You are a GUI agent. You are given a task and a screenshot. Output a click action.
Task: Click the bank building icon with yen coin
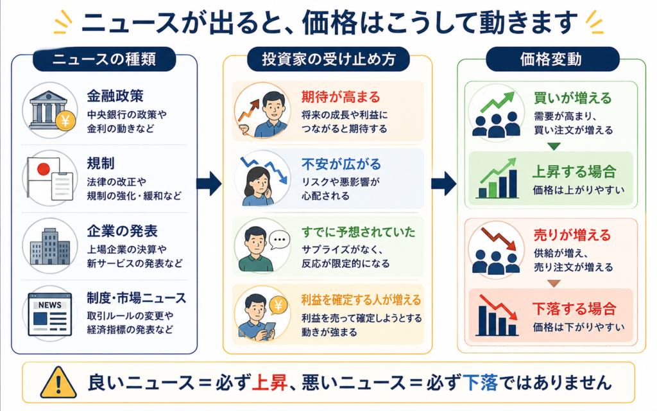click(x=50, y=110)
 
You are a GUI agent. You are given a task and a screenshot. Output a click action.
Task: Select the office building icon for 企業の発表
click(x=50, y=246)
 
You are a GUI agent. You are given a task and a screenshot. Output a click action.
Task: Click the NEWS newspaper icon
click(x=50, y=314)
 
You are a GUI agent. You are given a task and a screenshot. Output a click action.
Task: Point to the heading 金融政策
click(x=115, y=96)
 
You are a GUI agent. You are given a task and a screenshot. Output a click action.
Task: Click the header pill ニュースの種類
click(x=104, y=59)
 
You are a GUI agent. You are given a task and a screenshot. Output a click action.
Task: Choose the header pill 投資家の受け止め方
click(x=328, y=59)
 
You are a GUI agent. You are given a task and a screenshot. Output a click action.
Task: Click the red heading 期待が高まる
click(x=341, y=98)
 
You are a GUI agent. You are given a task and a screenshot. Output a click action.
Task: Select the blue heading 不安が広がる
click(x=341, y=164)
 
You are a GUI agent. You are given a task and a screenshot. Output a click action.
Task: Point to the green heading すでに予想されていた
click(x=359, y=232)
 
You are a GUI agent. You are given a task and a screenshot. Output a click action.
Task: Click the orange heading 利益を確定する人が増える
click(x=361, y=300)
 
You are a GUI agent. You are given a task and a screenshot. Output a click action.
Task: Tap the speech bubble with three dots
click(x=280, y=240)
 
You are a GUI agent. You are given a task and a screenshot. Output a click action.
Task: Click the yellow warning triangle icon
click(x=58, y=383)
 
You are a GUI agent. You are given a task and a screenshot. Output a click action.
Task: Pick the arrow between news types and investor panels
click(x=209, y=183)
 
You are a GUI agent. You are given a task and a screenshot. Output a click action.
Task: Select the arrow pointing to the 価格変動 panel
click(x=444, y=183)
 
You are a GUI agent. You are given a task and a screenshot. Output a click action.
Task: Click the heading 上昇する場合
click(x=574, y=172)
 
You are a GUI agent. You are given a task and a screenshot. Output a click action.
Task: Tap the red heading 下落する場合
click(x=574, y=309)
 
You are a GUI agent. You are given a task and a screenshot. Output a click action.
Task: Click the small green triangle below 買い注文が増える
click(x=554, y=146)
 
